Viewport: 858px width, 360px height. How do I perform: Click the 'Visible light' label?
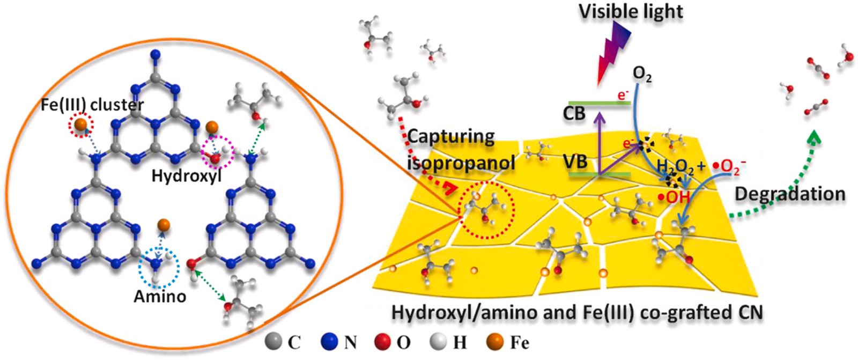(631, 11)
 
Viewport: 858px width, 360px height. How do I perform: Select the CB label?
(574, 114)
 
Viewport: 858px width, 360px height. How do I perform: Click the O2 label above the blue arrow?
(642, 75)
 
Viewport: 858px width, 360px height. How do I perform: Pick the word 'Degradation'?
(789, 194)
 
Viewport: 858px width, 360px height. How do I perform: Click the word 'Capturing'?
(451, 137)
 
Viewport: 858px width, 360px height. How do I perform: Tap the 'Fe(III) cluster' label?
(92, 105)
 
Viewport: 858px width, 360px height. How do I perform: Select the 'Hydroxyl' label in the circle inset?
(186, 175)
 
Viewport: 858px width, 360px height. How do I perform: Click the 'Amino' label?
(159, 296)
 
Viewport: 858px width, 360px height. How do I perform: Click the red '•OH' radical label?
(675, 197)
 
